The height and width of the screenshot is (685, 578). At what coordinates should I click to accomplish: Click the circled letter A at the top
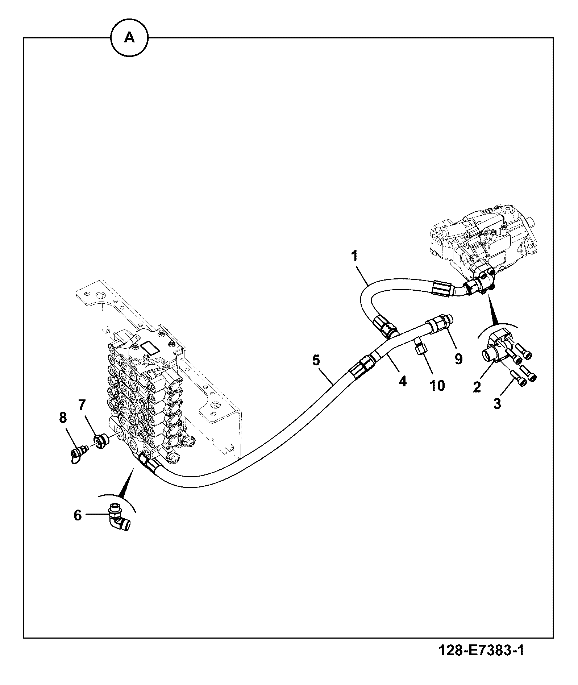coord(129,38)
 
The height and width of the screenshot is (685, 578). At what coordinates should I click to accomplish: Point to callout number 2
coord(477,387)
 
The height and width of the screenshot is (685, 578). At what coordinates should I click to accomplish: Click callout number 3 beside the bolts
coord(497,403)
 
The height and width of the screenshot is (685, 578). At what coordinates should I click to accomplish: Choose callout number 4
coord(403,381)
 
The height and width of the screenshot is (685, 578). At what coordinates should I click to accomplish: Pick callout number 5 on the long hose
coord(316,360)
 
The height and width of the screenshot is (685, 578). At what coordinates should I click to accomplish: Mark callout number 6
coord(78,515)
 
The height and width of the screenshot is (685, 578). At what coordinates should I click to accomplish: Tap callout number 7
coord(82,403)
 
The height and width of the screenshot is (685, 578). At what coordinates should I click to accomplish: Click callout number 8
coord(63,418)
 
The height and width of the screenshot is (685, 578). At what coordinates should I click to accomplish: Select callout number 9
coord(458,359)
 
